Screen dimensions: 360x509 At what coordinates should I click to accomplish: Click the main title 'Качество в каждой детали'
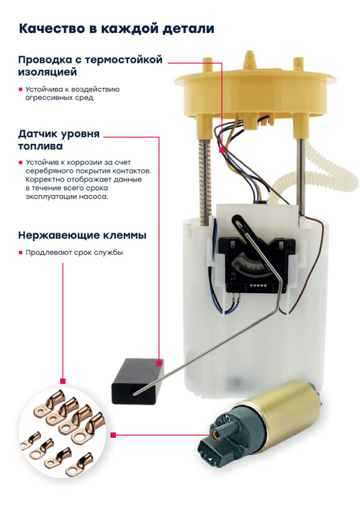pyautogui.click(x=117, y=29)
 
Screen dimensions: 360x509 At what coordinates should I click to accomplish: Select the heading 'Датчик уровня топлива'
pyautogui.click(x=59, y=140)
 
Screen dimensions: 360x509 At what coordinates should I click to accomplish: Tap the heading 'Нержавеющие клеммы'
pyautogui.click(x=82, y=235)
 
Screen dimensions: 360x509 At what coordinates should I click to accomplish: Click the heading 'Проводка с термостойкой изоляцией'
pyautogui.click(x=90, y=66)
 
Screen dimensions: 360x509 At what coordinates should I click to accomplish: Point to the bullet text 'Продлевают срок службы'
pyautogui.click(x=74, y=253)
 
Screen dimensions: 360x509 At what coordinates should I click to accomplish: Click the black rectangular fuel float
pyautogui.click(x=137, y=381)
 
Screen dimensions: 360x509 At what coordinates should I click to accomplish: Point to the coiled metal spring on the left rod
pyautogui.click(x=206, y=181)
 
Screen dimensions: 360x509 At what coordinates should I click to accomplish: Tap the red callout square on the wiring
pyautogui.click(x=222, y=150)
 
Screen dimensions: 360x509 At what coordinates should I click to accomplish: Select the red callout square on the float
pyautogui.click(x=159, y=363)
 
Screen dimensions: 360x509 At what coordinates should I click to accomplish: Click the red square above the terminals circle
pyautogui.click(x=63, y=381)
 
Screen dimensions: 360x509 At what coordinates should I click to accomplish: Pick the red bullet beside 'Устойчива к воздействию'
pyautogui.click(x=20, y=89)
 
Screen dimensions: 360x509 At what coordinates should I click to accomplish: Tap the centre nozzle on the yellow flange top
pyautogui.click(x=250, y=60)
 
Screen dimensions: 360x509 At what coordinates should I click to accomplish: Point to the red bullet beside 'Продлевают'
pyautogui.click(x=20, y=253)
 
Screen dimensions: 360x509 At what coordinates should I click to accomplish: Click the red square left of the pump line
pyautogui.click(x=113, y=435)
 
